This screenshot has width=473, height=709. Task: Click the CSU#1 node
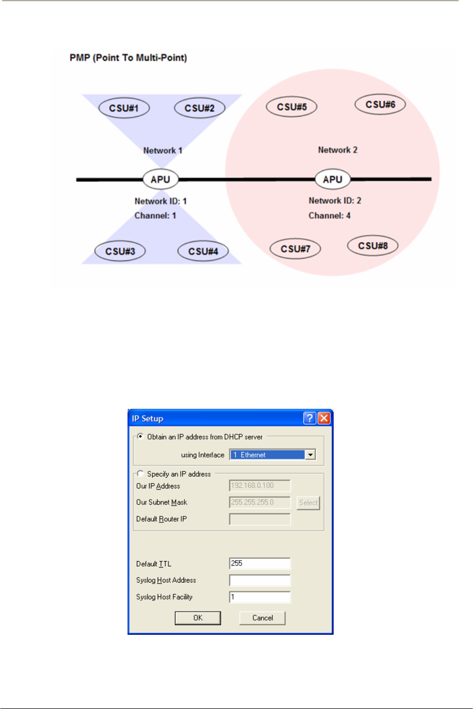tap(124, 108)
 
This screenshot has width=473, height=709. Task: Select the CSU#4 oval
tap(203, 251)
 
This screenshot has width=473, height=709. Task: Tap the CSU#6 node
tap(380, 104)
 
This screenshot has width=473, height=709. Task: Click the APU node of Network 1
tap(160, 179)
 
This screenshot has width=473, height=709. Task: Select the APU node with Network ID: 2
tap(333, 179)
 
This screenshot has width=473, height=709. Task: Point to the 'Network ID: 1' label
tap(160, 201)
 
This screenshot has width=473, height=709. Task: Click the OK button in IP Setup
tap(197, 618)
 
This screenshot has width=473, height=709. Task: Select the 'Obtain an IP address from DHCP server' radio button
tap(140, 437)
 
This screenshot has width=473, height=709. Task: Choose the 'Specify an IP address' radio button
tap(140, 474)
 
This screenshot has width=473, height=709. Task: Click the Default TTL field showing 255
tap(260, 563)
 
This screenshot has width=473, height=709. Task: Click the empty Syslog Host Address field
tap(260, 580)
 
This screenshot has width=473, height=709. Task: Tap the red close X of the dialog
tap(324, 418)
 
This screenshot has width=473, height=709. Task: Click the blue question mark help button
tap(310, 418)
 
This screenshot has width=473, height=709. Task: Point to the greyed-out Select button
tap(308, 503)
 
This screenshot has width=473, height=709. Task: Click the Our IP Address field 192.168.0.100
tap(260, 486)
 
